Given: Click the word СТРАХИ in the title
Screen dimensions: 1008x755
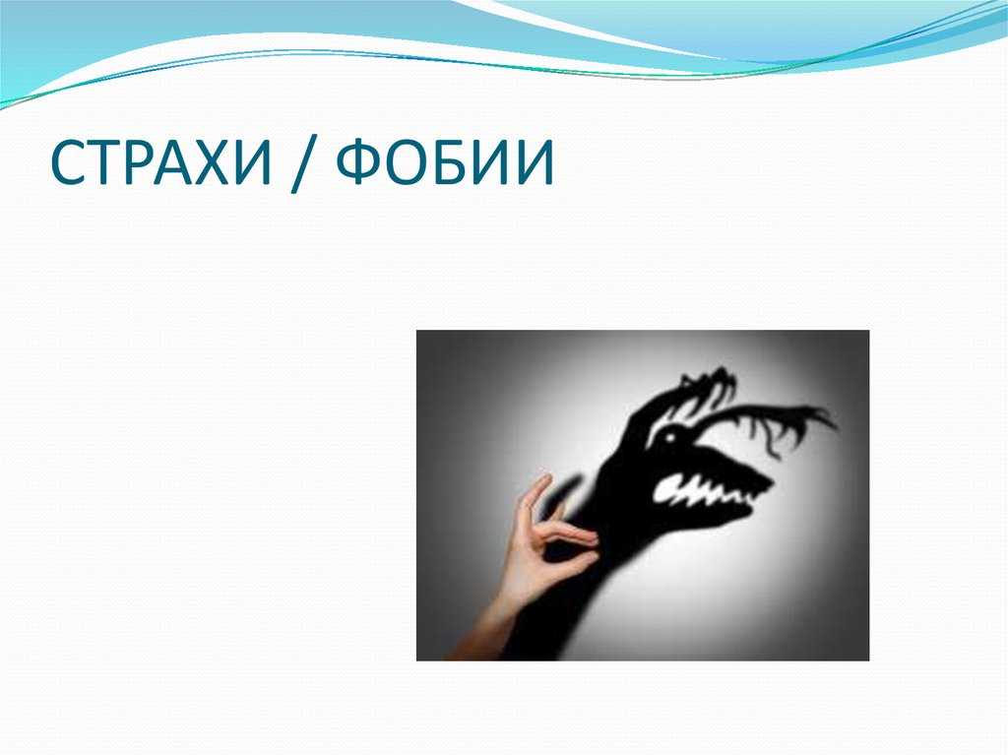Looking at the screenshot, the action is click(160, 162).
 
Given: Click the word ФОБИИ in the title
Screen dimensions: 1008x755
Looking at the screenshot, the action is click(445, 162).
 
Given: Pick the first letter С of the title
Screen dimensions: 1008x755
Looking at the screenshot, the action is click(67, 162).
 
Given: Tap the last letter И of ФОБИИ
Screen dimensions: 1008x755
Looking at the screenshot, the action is click(533, 162).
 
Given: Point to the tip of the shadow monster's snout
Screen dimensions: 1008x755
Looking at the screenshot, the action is click(772, 481).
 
